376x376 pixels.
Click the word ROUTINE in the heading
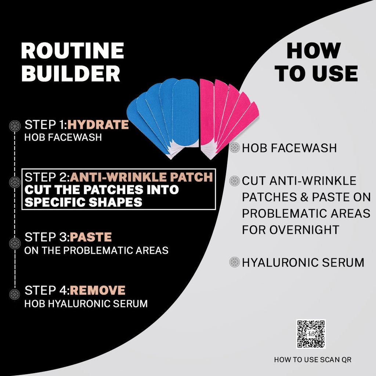point(72,51)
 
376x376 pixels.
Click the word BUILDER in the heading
point(71,73)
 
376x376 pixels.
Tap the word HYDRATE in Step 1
point(98,125)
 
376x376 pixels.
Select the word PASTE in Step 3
point(91,237)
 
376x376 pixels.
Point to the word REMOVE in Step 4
point(98,290)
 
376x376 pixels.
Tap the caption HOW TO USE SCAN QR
point(313,360)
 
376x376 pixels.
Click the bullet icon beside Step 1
point(15,126)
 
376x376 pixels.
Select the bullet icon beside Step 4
point(15,294)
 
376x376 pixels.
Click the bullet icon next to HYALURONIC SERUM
point(235,262)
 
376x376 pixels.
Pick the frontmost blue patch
point(185,113)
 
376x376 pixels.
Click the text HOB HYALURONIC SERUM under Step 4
point(86,304)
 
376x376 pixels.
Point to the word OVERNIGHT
point(304,230)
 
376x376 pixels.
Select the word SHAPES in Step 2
point(115,202)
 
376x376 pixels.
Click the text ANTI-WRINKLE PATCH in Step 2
point(141,177)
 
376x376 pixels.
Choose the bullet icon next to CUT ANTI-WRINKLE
point(235,181)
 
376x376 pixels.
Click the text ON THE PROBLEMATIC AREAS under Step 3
point(97,250)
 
